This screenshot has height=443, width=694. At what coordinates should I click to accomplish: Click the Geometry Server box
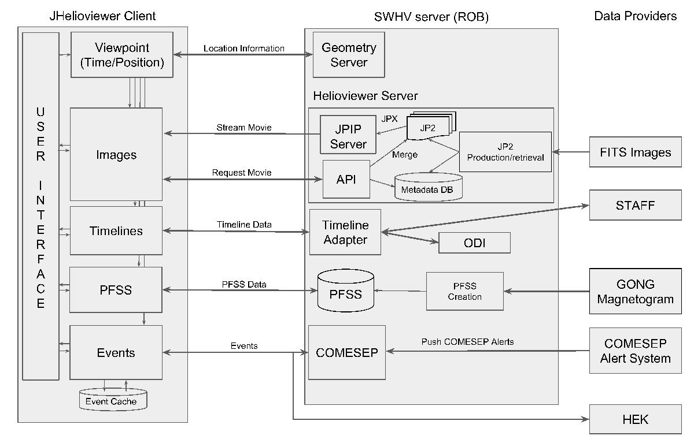click(x=348, y=55)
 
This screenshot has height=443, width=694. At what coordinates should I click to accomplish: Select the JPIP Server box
click(x=348, y=135)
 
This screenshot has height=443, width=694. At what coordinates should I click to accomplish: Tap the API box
click(x=346, y=179)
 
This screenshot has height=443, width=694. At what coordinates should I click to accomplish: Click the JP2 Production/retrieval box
click(x=505, y=152)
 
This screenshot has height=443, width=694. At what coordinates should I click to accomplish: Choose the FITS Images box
click(x=635, y=152)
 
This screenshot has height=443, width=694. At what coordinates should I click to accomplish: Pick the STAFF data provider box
click(x=635, y=204)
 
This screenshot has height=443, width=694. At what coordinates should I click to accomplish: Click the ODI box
click(x=474, y=243)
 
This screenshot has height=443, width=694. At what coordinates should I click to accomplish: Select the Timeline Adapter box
click(x=345, y=232)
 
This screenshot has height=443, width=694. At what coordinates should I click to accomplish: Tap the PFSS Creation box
click(x=464, y=291)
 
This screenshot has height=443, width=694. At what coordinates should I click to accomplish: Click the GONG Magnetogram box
click(x=635, y=291)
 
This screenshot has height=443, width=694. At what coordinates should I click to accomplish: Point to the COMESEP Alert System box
click(x=635, y=351)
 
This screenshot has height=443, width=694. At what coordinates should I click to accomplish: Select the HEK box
click(x=635, y=419)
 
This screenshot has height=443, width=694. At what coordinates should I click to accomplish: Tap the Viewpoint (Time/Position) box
click(x=121, y=55)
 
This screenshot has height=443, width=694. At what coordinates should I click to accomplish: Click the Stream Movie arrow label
click(x=243, y=127)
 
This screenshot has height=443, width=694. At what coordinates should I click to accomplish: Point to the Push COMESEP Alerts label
click(x=467, y=342)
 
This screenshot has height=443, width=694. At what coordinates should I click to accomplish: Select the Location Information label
click(x=243, y=49)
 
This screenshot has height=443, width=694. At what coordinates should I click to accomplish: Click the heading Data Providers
click(x=635, y=16)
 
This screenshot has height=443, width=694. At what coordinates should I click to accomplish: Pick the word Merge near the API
click(x=404, y=155)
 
